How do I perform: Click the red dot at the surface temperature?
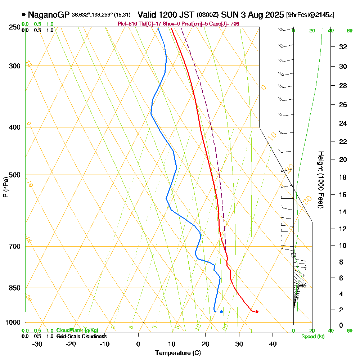click(x=257, y=312)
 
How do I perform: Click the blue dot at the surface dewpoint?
click(x=221, y=312)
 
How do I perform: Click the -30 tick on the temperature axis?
click(x=37, y=344)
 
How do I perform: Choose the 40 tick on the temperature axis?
click(x=273, y=344)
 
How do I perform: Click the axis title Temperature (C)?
click(x=178, y=353)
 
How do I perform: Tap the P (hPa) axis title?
click(x=6, y=187)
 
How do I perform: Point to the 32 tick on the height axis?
click(x=343, y=47)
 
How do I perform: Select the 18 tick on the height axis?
click(x=343, y=177)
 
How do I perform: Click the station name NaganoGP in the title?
click(x=49, y=15)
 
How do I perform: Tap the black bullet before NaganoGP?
click(x=24, y=15)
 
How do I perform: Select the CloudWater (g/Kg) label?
click(x=77, y=330)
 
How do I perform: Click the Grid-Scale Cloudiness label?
click(x=81, y=336)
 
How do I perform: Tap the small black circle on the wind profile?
click(x=293, y=255)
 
